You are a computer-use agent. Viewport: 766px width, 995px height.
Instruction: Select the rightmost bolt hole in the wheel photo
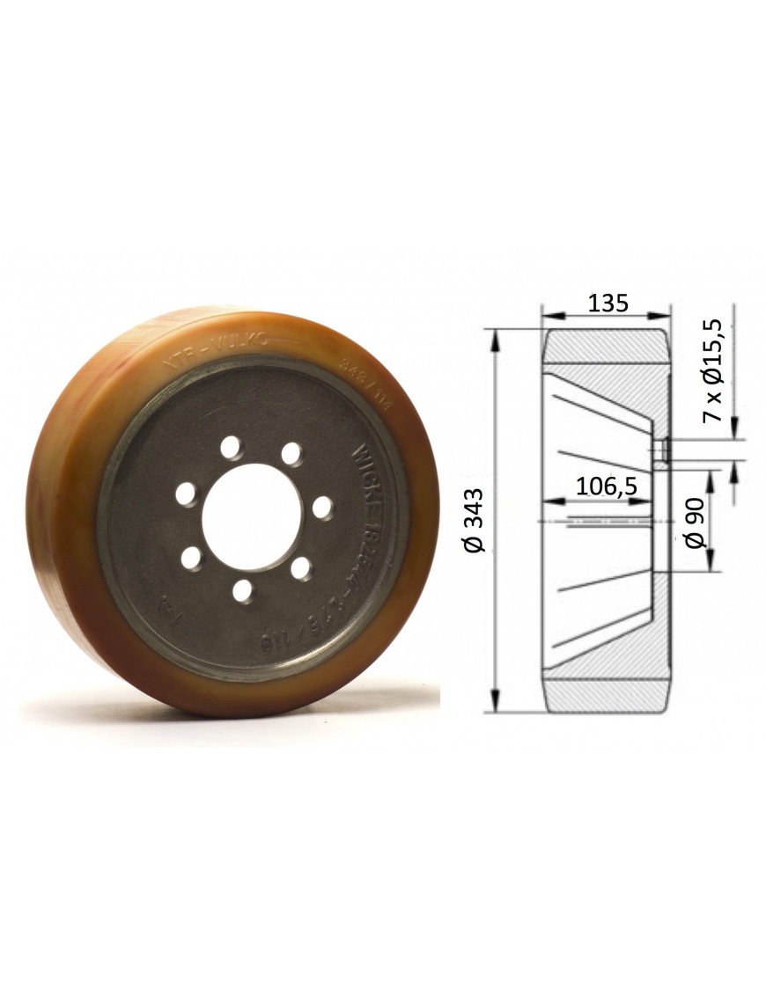click(x=323, y=508)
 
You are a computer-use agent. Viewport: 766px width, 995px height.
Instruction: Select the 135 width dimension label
click(x=608, y=304)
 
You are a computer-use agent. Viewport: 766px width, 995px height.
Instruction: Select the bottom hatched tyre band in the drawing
click(x=605, y=695)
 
